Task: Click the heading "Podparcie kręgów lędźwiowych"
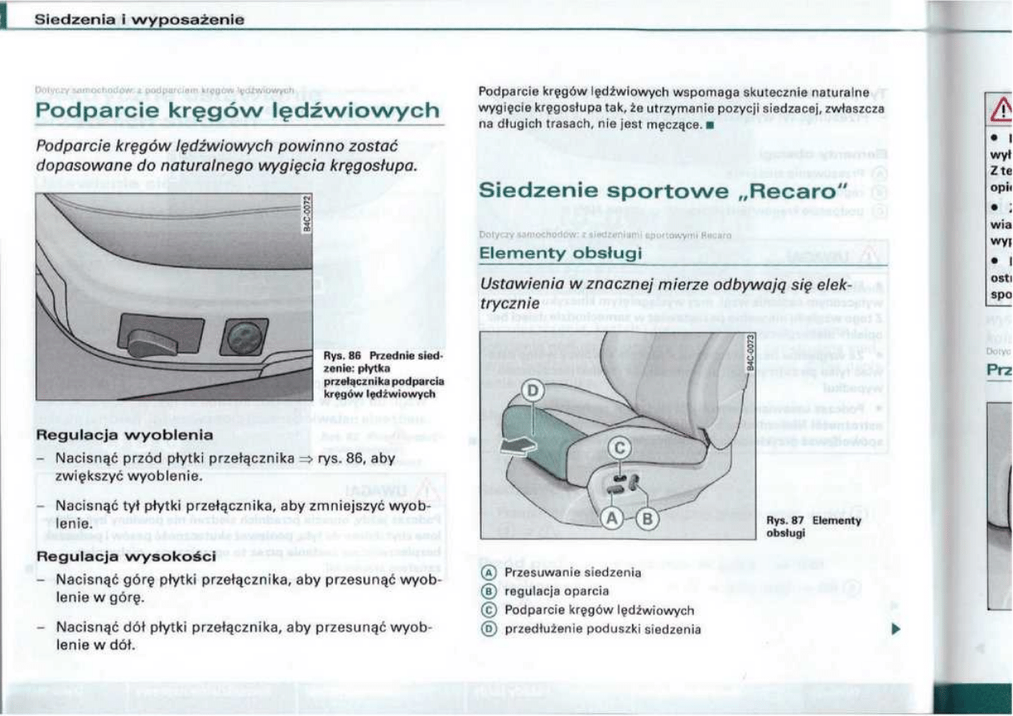238,109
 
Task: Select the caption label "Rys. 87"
778,520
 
